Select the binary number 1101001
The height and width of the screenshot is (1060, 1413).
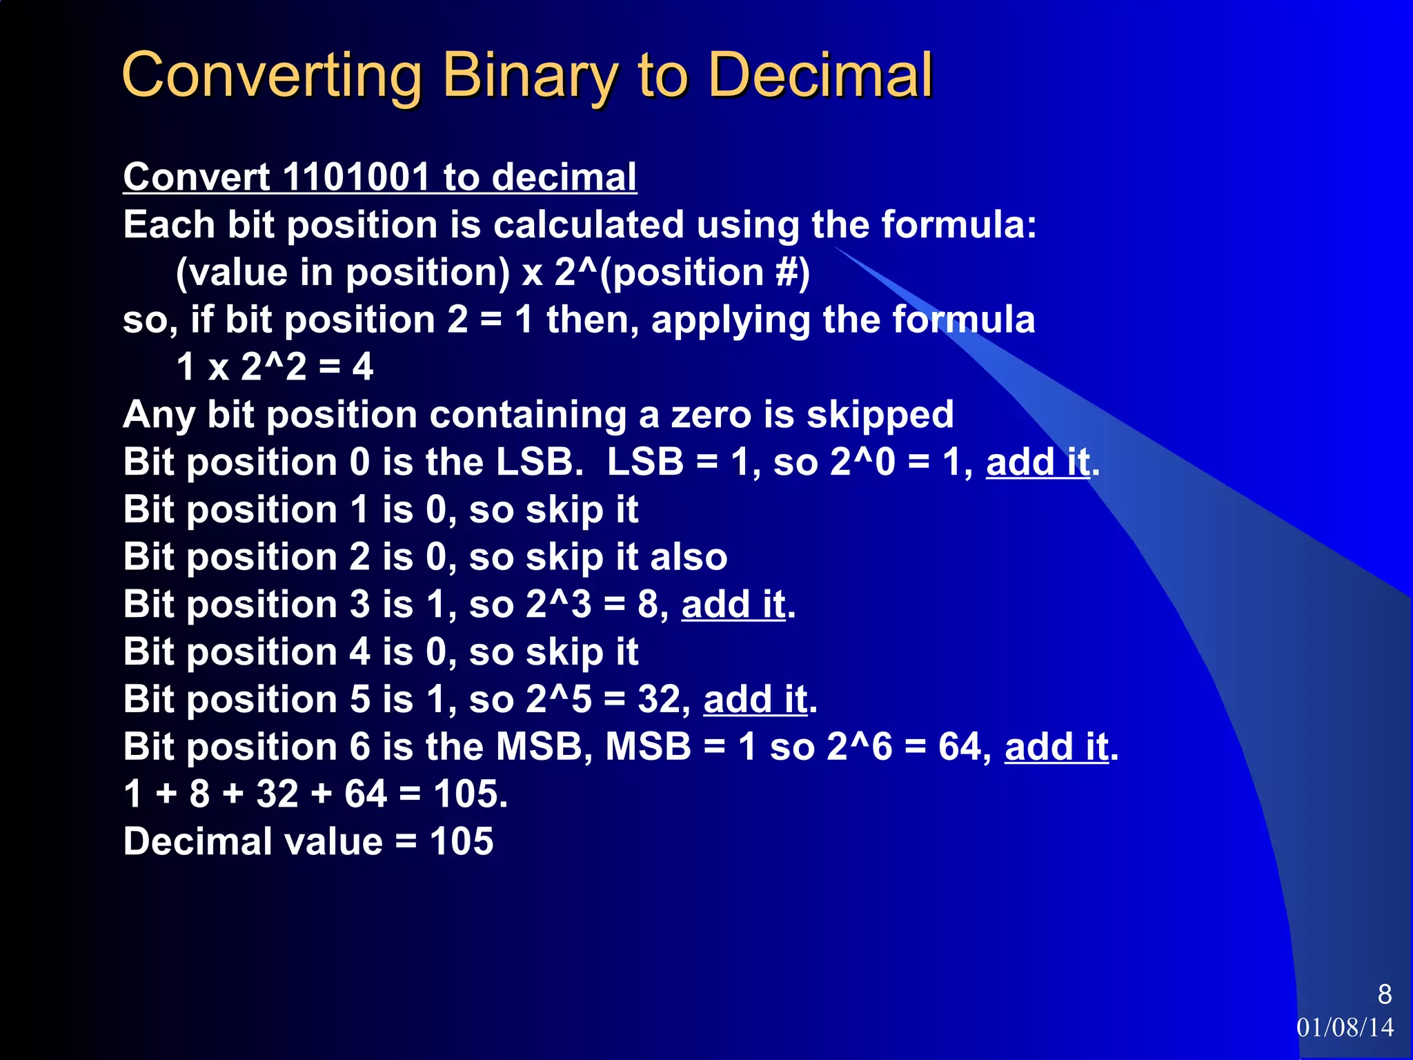(x=357, y=177)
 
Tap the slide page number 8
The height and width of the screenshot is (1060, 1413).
(x=1384, y=994)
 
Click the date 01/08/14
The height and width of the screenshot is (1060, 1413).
(x=1345, y=1028)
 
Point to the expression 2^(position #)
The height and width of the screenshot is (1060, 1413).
(x=682, y=272)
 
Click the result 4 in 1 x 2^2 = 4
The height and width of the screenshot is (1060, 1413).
(x=363, y=366)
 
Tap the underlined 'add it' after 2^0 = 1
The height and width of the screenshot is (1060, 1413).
(x=1038, y=462)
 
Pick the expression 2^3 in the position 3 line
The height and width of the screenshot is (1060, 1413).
(x=558, y=605)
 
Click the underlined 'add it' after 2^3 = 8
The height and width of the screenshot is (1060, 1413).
(x=733, y=605)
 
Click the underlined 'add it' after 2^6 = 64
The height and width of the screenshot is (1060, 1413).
(x=1056, y=747)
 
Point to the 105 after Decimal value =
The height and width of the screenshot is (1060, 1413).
(x=462, y=841)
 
